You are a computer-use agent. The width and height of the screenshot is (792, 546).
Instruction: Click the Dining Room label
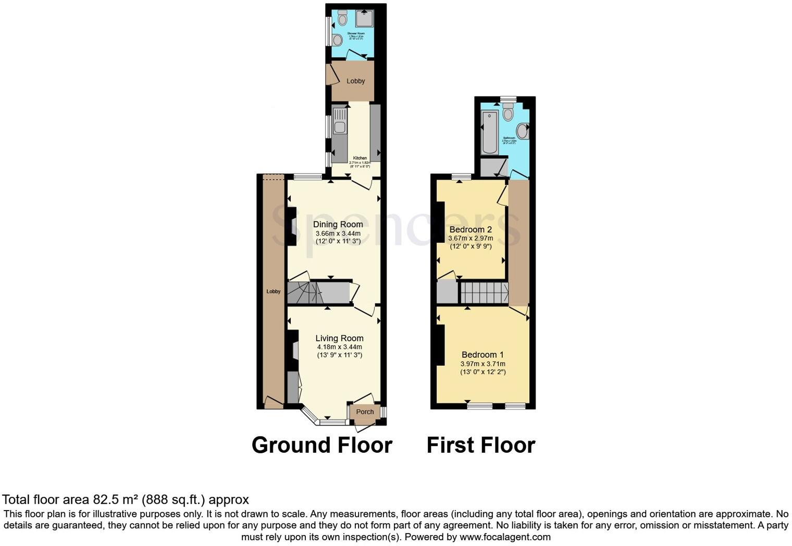coord(338,225)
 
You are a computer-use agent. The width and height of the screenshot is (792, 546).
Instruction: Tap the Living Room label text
coord(339,338)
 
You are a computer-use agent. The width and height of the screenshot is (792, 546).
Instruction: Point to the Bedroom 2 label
coord(471,230)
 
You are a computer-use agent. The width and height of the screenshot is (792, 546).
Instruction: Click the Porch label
coord(365,412)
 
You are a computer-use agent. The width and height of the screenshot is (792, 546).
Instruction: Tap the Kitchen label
coord(360,158)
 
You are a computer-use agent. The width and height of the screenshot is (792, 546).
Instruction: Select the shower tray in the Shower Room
coord(364,19)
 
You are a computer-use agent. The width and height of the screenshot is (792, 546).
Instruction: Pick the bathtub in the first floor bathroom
coord(490,132)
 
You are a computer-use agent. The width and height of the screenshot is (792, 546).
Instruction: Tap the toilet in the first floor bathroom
coord(508,113)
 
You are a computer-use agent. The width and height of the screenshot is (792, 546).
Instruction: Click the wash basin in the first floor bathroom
coord(523,131)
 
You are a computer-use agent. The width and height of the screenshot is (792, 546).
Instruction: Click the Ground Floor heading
coord(321,445)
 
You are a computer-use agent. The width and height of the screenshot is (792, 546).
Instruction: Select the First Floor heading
coord(480,445)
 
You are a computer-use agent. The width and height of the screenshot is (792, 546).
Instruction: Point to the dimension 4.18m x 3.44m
coord(339,347)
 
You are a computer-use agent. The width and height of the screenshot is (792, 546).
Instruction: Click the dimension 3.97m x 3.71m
coord(482,364)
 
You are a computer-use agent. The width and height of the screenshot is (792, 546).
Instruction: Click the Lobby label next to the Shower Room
coord(356,81)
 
